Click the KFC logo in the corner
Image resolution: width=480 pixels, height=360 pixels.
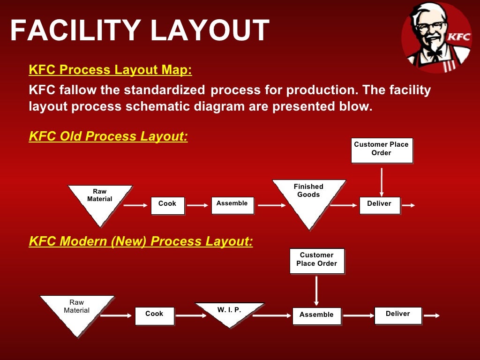pos(436,37)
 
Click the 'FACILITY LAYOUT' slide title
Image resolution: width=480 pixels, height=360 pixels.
pos(140,30)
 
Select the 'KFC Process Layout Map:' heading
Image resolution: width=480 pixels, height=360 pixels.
pos(110,70)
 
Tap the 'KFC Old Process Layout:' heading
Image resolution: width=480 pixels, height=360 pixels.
pos(108,136)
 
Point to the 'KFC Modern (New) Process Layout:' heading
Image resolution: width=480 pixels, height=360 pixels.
pos(141,241)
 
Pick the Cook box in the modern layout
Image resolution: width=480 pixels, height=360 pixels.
pos(154,315)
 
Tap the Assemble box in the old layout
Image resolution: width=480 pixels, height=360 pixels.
pos(232,205)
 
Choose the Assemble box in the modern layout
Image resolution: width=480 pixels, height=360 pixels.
pos(316,316)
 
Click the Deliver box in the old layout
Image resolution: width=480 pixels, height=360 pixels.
pos(380,205)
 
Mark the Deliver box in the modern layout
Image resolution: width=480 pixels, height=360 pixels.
pos(398,315)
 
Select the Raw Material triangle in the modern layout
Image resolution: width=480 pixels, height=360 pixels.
pos(77,310)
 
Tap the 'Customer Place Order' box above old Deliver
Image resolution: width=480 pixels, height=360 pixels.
pos(382,150)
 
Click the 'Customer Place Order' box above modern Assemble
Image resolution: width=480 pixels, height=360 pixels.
pos(317,261)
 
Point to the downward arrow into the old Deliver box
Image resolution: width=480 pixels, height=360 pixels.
pos(382,182)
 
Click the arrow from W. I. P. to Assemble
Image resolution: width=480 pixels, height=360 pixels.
pos(271,315)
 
